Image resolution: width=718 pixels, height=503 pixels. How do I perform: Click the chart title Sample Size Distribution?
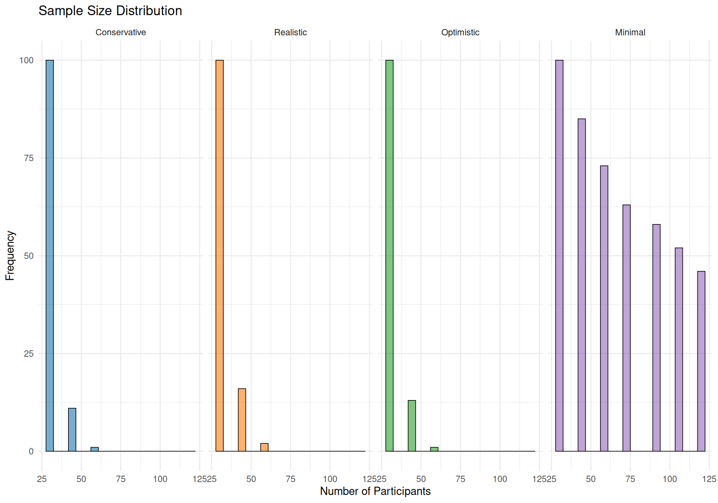click(x=110, y=11)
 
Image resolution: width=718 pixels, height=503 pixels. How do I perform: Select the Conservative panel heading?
click(x=120, y=33)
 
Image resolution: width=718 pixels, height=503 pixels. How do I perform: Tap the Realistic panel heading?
click(x=290, y=33)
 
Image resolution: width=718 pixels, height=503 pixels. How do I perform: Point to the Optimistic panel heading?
click(x=460, y=33)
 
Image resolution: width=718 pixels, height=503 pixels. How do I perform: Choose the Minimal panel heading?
click(x=630, y=33)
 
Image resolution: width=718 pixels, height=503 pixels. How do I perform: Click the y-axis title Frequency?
click(x=10, y=256)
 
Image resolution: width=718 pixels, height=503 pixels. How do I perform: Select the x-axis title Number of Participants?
click(x=375, y=491)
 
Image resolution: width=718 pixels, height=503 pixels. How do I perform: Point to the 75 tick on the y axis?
click(x=29, y=158)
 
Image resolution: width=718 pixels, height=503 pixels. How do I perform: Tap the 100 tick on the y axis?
click(x=26, y=60)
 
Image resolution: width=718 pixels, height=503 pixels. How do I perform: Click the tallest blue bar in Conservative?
click(x=50, y=256)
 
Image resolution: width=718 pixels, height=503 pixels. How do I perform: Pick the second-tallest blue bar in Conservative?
click(x=72, y=430)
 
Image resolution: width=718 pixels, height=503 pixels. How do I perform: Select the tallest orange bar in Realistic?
click(x=220, y=256)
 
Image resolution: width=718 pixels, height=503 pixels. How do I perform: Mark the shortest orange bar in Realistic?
click(x=264, y=447)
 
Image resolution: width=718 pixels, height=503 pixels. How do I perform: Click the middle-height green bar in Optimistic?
click(x=412, y=426)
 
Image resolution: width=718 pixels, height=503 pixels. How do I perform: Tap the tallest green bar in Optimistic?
click(x=389, y=256)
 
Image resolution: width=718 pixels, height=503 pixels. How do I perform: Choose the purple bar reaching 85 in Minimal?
click(x=582, y=285)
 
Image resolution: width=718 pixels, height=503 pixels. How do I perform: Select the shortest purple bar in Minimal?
click(x=701, y=361)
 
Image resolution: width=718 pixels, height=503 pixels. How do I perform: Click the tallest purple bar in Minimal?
click(x=559, y=256)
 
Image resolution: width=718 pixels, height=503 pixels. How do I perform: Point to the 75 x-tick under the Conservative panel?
click(x=120, y=479)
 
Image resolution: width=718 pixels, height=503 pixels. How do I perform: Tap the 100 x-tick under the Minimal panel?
click(x=669, y=479)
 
